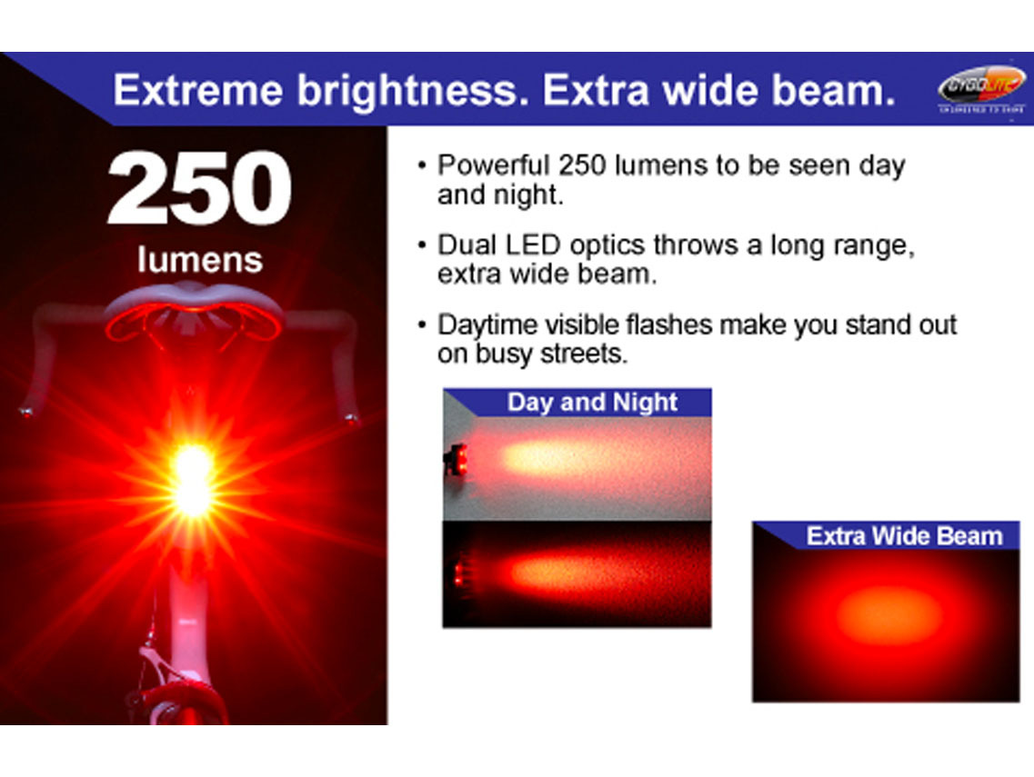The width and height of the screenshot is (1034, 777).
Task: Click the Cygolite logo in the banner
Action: [980, 89]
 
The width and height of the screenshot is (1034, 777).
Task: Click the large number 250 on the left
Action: [199, 190]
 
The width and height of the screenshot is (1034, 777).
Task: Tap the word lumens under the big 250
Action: [199, 260]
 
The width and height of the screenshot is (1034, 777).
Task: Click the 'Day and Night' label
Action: [592, 403]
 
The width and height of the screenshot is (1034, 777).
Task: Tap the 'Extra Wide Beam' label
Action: [903, 535]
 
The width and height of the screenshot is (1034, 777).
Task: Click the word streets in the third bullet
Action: [582, 354]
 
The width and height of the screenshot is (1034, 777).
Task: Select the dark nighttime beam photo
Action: [577, 573]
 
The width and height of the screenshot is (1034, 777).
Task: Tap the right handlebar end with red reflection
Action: [351, 419]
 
